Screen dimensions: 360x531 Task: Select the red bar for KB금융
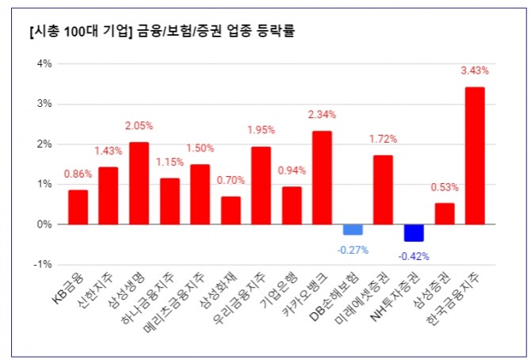(x=78, y=207)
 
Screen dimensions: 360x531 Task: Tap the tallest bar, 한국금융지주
(x=475, y=155)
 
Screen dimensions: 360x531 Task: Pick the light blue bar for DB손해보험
(x=353, y=229)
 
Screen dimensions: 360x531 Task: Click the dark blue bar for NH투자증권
(x=414, y=232)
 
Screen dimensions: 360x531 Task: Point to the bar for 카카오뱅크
(x=322, y=178)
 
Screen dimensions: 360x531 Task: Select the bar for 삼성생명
(x=139, y=183)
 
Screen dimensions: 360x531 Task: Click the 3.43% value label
(x=475, y=71)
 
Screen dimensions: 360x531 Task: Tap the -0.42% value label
(x=414, y=256)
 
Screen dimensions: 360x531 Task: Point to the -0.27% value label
(x=353, y=250)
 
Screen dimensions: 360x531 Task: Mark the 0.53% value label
(x=445, y=187)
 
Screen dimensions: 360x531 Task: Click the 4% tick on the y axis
(x=44, y=63)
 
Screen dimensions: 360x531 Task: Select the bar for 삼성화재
(x=231, y=210)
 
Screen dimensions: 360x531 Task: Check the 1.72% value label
(x=383, y=140)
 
